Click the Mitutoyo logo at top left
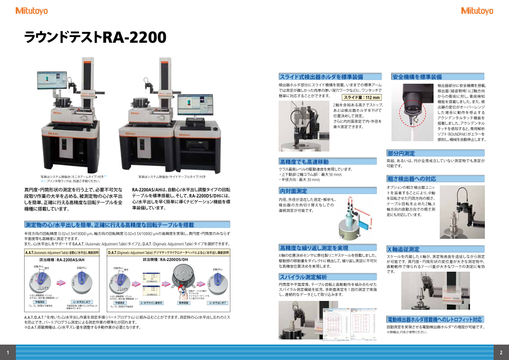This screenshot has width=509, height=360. [x=31, y=10]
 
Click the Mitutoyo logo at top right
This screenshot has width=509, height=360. [x=477, y=10]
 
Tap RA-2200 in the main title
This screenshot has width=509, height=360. [x=134, y=37]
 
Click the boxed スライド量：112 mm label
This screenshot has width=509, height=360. [x=362, y=97]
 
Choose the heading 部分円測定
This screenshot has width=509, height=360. [x=402, y=153]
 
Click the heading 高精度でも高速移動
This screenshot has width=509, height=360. [x=304, y=162]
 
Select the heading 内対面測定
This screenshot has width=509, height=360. [x=293, y=191]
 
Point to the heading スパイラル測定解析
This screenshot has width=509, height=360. [x=303, y=277]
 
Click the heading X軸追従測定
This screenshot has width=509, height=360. [x=403, y=249]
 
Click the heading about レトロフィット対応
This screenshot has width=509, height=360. [x=434, y=319]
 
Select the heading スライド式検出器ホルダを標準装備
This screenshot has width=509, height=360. [x=321, y=77]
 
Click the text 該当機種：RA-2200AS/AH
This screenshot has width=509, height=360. [x=63, y=260]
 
